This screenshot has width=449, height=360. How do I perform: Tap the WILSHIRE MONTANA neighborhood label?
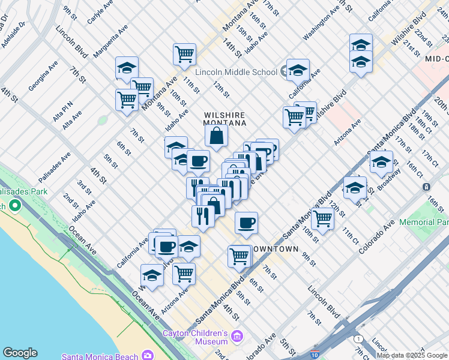coord(225,118)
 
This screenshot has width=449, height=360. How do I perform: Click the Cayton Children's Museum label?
coord(196,337)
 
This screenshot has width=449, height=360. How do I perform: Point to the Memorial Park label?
coord(423,222)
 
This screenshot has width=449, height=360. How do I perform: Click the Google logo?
coord(20,353)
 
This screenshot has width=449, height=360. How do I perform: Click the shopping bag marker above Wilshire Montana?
coord(217,136)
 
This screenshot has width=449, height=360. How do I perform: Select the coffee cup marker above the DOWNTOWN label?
coord(246,223)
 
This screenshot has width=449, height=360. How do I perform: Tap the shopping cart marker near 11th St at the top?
coord(184,54)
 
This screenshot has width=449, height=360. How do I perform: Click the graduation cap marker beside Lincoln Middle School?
coord(297,70)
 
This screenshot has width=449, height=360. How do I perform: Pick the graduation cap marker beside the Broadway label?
coord(381,161)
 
